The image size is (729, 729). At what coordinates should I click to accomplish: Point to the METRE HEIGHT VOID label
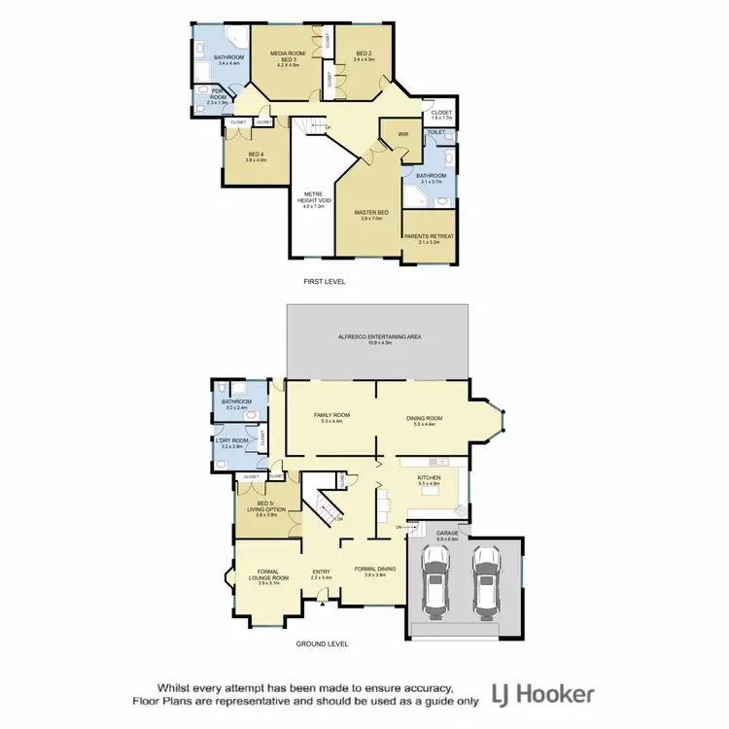tap(317, 197)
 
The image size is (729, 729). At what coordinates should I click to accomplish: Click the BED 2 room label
tap(364, 54)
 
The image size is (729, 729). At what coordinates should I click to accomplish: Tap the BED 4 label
tap(256, 157)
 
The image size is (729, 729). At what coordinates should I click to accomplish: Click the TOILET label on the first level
tap(436, 131)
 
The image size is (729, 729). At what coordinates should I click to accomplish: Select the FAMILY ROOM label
tap(330, 415)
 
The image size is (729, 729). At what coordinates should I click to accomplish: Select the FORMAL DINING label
tap(372, 572)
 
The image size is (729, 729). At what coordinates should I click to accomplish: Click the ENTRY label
tap(322, 573)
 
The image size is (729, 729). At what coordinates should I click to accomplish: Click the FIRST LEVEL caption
tap(324, 281)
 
